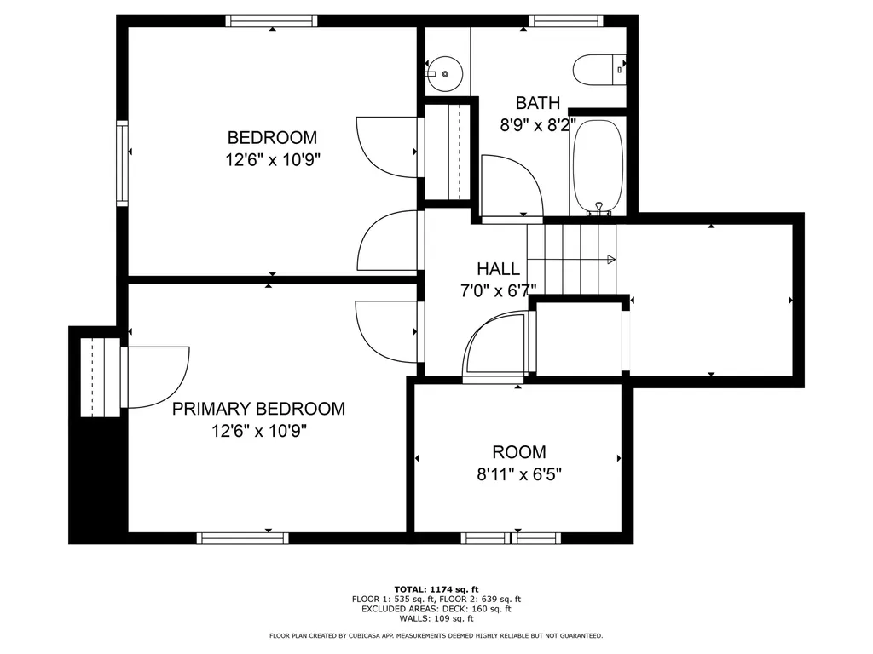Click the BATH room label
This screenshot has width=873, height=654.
click(x=538, y=103)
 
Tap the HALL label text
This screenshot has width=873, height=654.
click(x=498, y=268)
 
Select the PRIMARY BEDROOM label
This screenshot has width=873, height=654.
click(x=258, y=409)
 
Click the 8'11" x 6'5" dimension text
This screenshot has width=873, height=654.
click(x=518, y=474)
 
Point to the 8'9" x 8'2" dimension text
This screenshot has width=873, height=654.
click(x=538, y=124)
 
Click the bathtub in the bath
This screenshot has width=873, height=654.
click(x=599, y=167)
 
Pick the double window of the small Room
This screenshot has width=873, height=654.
click(x=511, y=537)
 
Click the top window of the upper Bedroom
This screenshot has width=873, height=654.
click(x=272, y=21)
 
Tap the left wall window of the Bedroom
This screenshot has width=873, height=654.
click(x=122, y=163)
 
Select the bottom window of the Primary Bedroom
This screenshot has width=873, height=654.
click(x=242, y=537)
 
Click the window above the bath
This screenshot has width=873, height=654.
click(x=566, y=21)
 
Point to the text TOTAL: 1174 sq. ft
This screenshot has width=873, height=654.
click(x=436, y=589)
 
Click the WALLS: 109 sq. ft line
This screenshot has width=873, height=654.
click(x=436, y=618)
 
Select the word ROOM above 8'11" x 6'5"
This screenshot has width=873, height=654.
click(x=518, y=452)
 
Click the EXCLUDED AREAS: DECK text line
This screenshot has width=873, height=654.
click(x=436, y=609)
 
